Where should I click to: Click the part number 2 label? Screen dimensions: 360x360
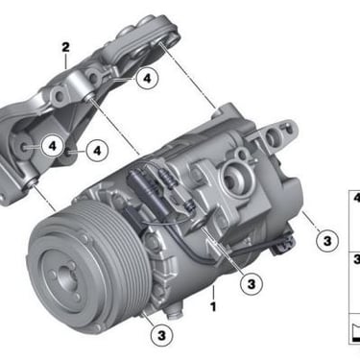point(65,48)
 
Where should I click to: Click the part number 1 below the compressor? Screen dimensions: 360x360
point(213,306)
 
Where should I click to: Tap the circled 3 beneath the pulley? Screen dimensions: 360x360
point(162,336)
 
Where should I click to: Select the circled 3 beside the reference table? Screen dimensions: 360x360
point(327,240)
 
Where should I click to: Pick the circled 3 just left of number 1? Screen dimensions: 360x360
point(252,283)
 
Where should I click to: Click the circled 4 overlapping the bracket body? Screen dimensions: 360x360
point(53,146)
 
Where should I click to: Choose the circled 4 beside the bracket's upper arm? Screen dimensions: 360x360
point(147,79)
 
